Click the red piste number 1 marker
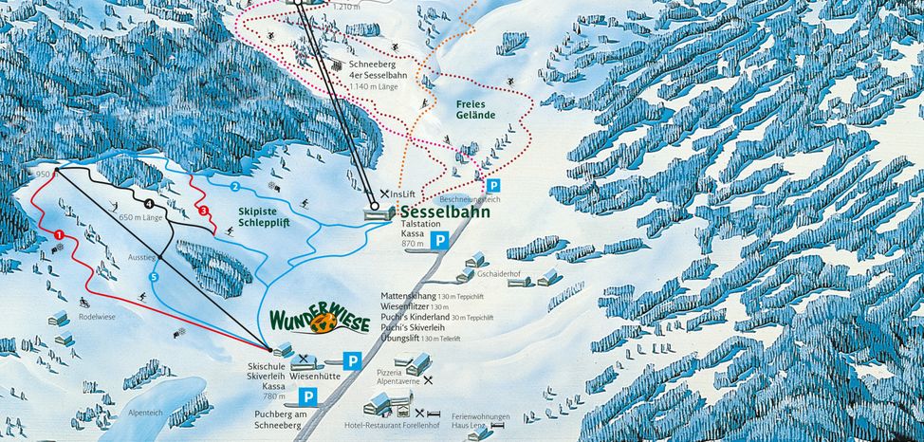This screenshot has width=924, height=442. point(59,234)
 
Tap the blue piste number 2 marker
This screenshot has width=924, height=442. point(233,186)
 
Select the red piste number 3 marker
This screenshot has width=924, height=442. point(203,210)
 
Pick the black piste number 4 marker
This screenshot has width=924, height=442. point(149,203)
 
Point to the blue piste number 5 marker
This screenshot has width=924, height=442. point(154,276)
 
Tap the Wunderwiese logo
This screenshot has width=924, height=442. point(321,321)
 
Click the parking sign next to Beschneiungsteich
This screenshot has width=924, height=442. point(492,186)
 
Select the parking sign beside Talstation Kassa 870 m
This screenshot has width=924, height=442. point(440,241)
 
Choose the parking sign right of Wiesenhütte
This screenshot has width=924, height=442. point(352,360)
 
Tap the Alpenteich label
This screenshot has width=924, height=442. point(145,414)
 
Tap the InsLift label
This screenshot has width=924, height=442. point(403,193)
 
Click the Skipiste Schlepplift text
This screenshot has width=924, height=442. point(257,216)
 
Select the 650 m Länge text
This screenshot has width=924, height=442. point(142,217)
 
